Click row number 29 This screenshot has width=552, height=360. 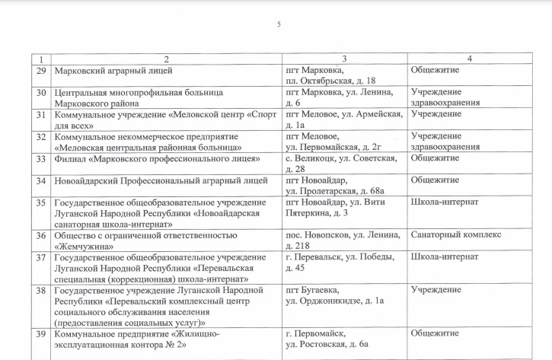(x=42, y=71)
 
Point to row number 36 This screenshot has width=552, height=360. (x=42, y=235)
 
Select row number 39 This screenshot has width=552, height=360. (x=42, y=334)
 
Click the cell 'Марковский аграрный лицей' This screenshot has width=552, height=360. (x=114, y=71)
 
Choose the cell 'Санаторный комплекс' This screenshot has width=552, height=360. (x=455, y=235)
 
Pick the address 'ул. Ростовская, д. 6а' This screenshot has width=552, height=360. (x=327, y=345)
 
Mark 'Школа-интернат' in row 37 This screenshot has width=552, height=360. (x=444, y=257)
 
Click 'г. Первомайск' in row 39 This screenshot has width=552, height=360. (x=315, y=334)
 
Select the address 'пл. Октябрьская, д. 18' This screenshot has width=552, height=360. (x=330, y=81)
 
